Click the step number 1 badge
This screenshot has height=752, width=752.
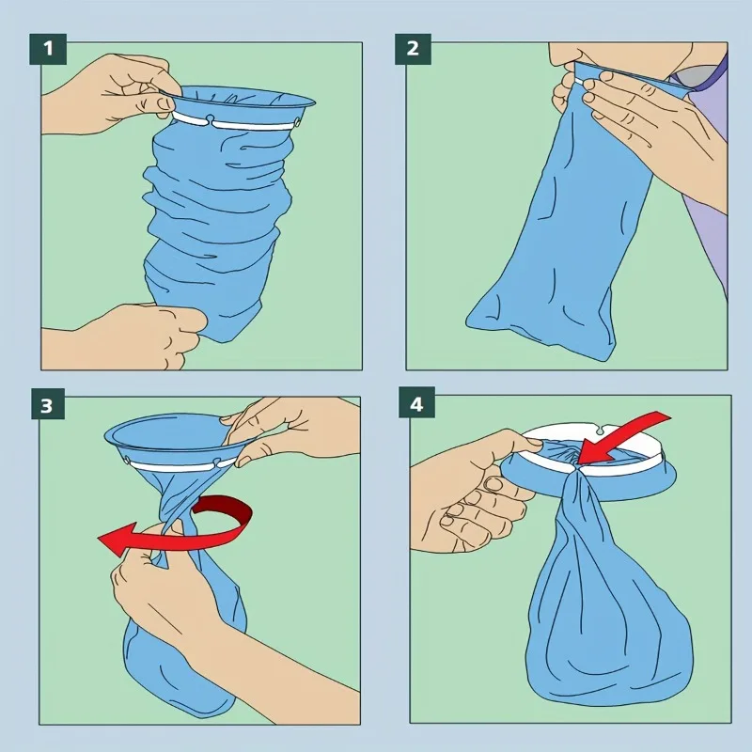pos(48,49)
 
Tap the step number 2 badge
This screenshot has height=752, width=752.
pos(413,49)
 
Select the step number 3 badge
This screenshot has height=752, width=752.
pos(48,406)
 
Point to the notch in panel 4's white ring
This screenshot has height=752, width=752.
pos(598,431)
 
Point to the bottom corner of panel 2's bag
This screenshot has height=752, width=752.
pos(608,359)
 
